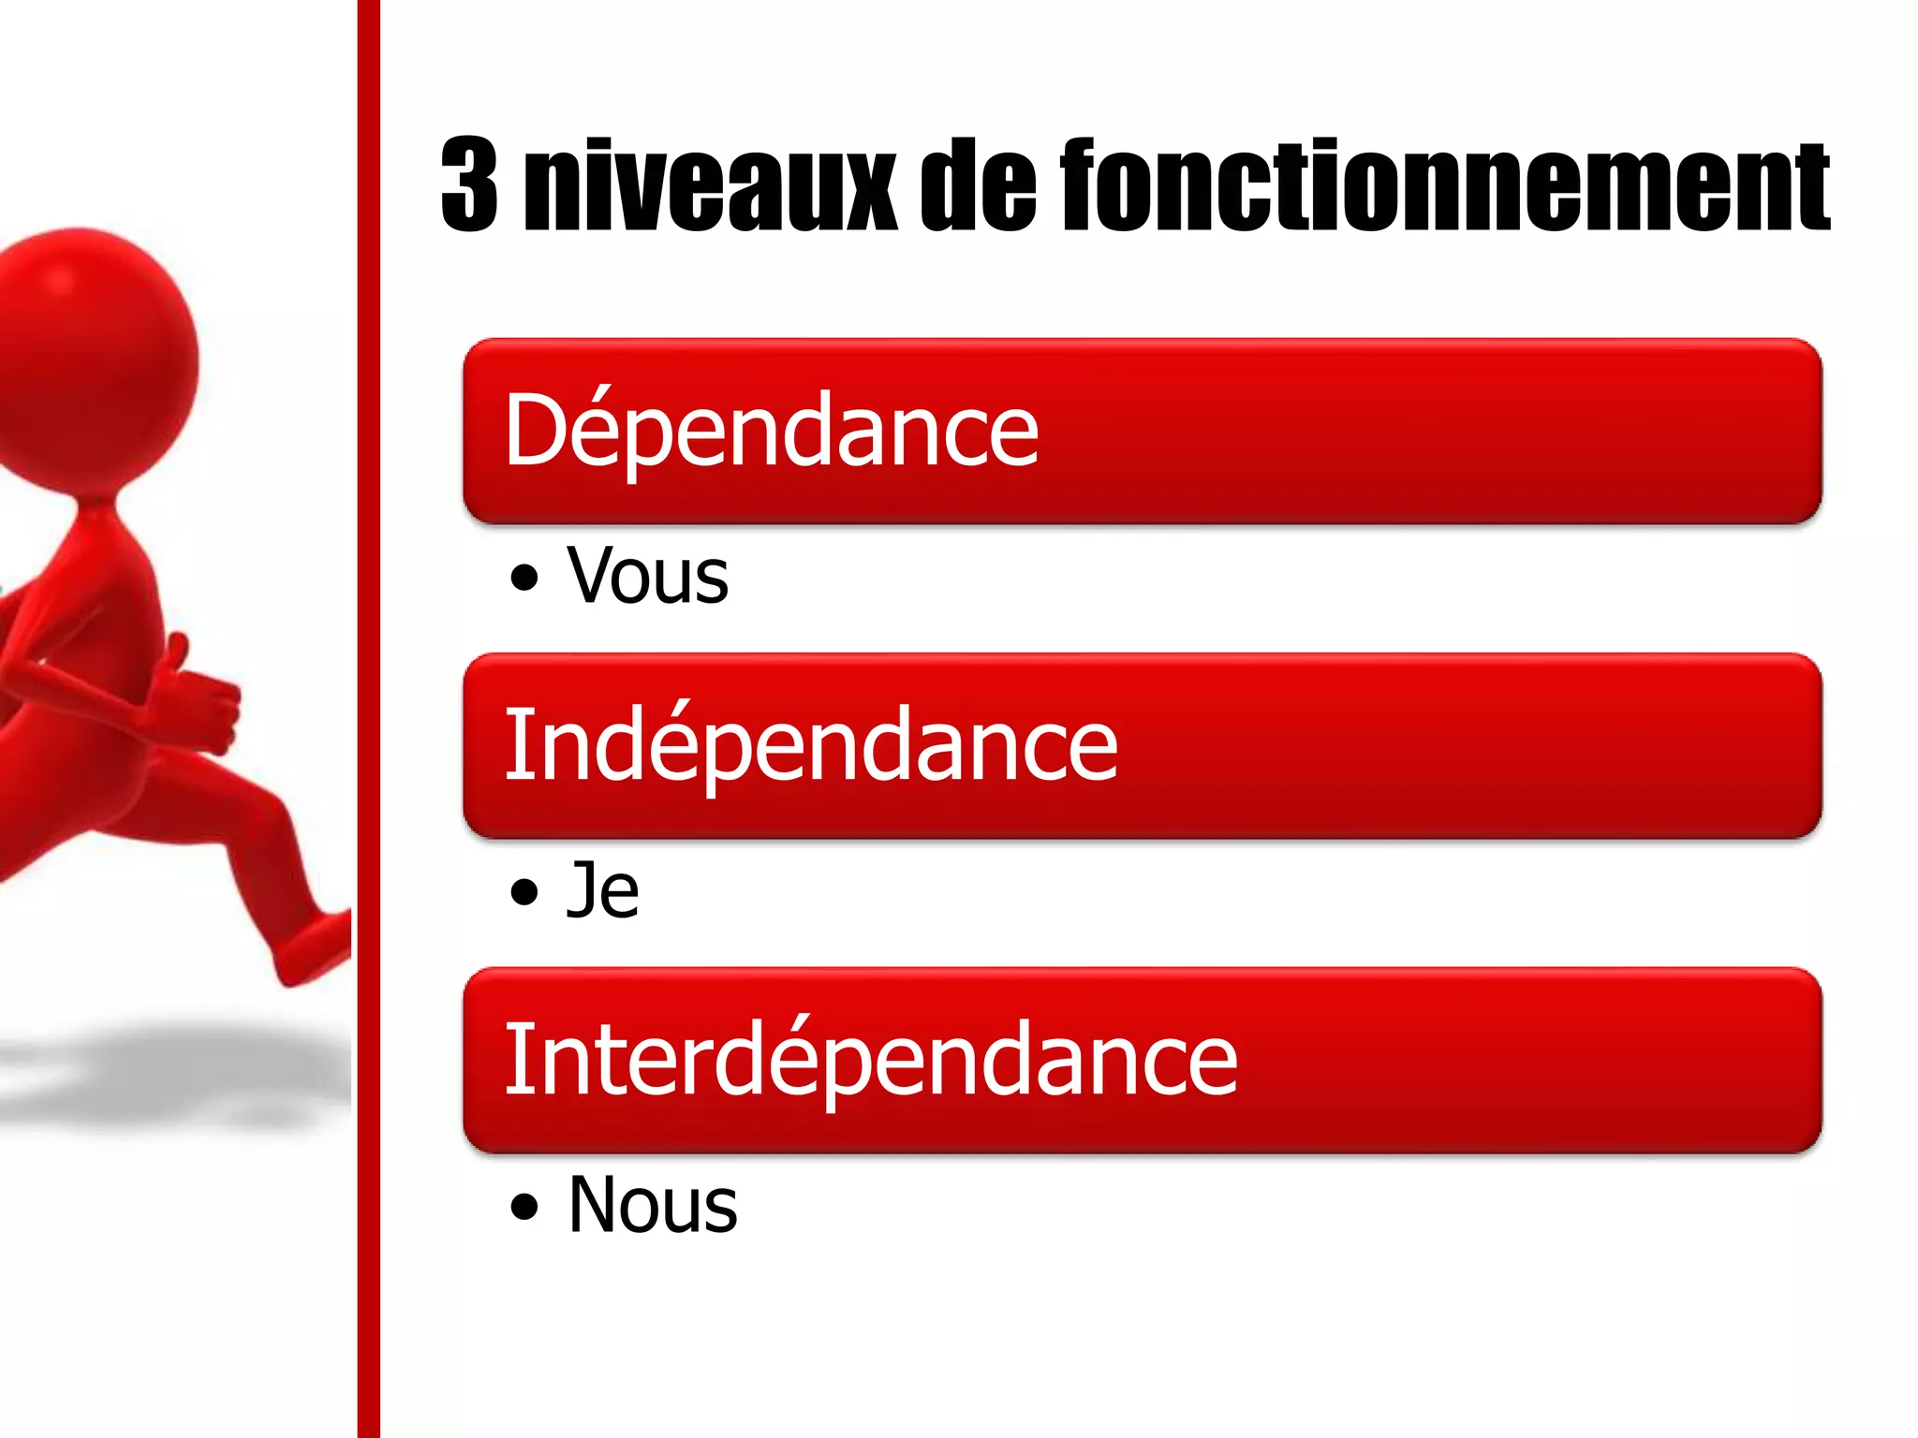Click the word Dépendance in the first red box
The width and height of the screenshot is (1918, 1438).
771,430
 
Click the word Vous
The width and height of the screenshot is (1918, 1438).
647,576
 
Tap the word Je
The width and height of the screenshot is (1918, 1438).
603,890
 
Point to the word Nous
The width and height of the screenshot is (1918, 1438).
653,1205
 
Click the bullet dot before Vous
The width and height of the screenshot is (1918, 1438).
524,578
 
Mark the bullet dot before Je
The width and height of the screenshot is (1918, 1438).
524,892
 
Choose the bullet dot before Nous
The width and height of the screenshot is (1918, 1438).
524,1207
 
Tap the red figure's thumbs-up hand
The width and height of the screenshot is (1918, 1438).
201,697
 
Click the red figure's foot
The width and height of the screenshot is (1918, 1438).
314,946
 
